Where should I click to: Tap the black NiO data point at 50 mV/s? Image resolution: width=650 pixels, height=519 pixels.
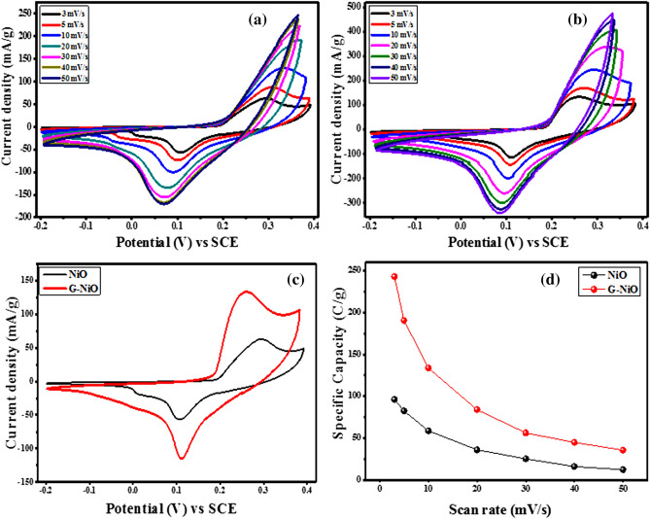coord(623,469)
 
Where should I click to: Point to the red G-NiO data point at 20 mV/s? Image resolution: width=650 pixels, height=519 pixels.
coord(476,409)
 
